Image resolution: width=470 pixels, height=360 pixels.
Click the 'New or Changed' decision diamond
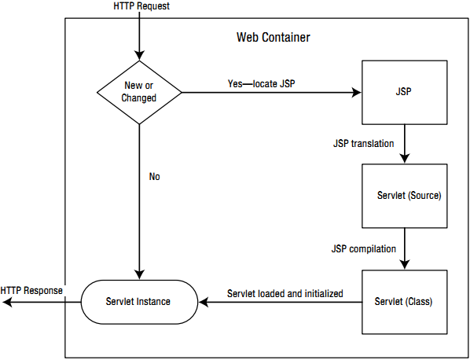point(139,92)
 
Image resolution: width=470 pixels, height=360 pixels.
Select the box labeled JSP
point(404,92)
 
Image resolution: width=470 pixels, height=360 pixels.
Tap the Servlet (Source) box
point(404,196)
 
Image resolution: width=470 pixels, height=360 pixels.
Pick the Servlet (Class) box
point(404,302)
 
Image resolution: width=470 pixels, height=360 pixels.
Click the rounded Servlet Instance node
point(139,302)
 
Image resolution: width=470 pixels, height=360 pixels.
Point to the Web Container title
point(273,38)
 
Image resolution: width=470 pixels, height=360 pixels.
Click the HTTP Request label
point(141,6)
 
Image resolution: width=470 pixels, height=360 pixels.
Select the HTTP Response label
point(31,291)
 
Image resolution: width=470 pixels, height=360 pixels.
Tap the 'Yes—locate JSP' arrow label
point(262,83)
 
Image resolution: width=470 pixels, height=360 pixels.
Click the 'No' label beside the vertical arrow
point(154,177)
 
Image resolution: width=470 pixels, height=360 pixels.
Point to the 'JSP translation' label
point(364,144)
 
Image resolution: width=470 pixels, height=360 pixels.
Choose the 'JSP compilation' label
point(364,249)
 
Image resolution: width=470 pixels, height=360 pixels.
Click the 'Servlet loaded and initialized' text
point(285,293)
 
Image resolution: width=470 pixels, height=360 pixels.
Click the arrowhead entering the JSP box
point(357,92)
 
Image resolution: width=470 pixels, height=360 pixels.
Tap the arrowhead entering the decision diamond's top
point(139,56)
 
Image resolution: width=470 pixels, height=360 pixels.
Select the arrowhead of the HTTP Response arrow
point(6,302)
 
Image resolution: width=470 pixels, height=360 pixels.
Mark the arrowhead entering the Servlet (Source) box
point(405,159)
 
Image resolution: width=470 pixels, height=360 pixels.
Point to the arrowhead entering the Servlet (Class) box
point(405,265)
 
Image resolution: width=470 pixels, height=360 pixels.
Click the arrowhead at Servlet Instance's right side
point(204,302)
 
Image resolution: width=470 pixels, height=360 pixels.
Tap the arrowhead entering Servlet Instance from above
point(139,275)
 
